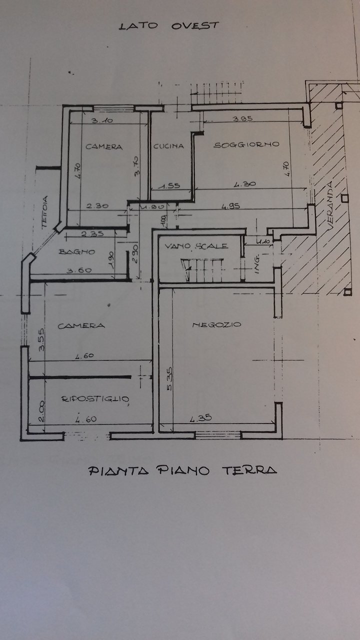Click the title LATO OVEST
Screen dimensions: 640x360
click(x=168, y=26)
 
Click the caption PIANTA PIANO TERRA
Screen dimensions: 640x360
click(x=182, y=470)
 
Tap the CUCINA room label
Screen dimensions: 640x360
click(x=168, y=146)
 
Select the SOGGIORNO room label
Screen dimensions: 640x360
click(x=246, y=145)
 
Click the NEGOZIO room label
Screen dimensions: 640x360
click(x=216, y=325)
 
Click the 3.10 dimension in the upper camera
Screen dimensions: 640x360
click(x=102, y=120)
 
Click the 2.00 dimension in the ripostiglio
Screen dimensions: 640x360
click(x=40, y=413)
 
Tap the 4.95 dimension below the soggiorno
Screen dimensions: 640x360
click(x=233, y=205)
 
